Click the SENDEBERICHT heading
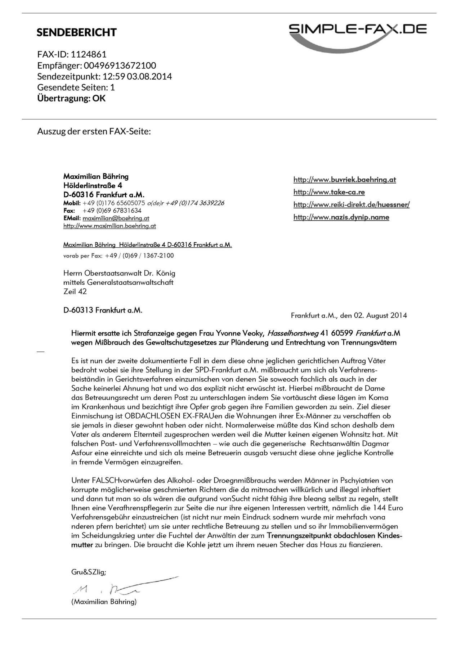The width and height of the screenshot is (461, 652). tap(76, 32)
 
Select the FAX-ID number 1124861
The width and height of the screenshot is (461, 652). tap(89, 54)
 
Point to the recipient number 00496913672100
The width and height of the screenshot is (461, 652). tap(120, 66)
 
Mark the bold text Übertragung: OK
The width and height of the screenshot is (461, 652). tap(71, 98)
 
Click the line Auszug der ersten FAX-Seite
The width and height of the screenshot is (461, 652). tap(94, 131)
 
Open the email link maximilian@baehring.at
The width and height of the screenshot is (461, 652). tap(116, 218)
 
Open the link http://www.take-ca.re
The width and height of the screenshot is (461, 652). tap(329, 192)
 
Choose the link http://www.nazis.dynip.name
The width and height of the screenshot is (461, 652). tap(341, 217)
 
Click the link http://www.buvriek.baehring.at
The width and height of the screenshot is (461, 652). tap(345, 180)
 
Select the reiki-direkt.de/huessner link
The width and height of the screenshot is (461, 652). tap(352, 205)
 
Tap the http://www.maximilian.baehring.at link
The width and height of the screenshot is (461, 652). tap(109, 226)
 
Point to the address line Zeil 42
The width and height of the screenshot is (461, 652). tap(75, 292)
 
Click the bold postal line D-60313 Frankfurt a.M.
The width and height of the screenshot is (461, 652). tap(103, 310)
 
